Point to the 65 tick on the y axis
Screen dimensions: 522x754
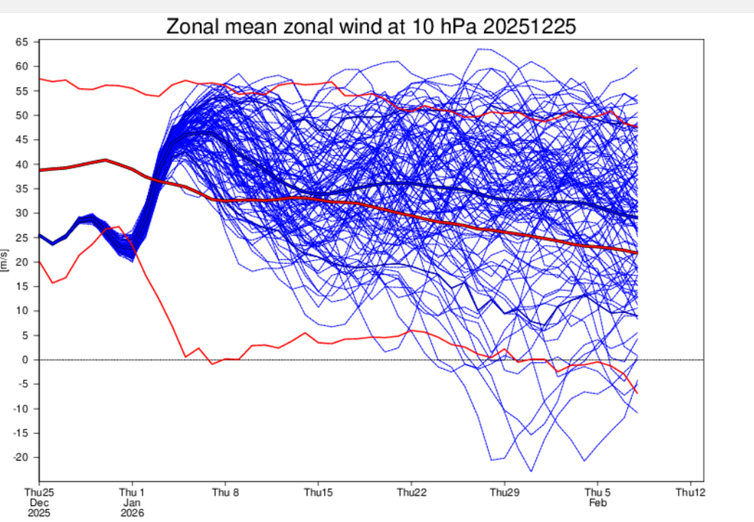(23, 42)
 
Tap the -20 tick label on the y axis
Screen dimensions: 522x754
(21, 458)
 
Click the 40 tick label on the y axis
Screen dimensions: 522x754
(23, 164)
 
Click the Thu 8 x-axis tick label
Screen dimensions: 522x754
(225, 493)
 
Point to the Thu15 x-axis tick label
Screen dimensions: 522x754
(318, 493)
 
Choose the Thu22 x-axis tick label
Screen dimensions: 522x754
(411, 493)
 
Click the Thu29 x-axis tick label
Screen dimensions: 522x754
(504, 493)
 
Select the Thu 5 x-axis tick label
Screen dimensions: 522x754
(597, 493)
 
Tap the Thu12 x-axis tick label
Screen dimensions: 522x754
(690, 493)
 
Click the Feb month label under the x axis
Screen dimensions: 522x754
(597, 502)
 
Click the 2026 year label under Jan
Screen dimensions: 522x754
(133, 512)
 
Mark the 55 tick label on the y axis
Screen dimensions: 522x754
(23, 91)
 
